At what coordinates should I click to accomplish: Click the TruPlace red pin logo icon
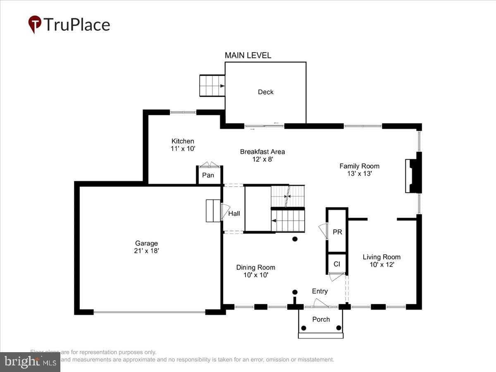click(x=35, y=24)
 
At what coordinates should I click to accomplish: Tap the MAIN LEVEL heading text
click(x=248, y=55)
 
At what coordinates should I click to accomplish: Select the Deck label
click(x=265, y=92)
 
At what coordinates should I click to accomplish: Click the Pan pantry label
click(x=208, y=175)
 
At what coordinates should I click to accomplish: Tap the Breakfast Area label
click(x=262, y=152)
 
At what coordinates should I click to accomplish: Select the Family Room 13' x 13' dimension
click(x=359, y=174)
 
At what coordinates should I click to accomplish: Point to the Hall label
click(x=234, y=213)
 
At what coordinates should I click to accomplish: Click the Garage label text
click(x=146, y=243)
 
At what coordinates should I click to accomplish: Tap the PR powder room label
click(x=337, y=232)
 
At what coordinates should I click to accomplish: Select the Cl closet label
click(x=336, y=264)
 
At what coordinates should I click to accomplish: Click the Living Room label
click(x=382, y=257)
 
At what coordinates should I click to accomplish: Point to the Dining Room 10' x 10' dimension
click(x=256, y=275)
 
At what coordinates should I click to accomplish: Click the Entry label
click(x=320, y=291)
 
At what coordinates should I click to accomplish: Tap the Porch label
click(x=321, y=319)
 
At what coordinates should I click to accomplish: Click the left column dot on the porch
click(x=304, y=328)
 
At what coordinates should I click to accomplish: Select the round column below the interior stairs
click(x=295, y=239)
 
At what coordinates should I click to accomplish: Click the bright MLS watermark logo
click(x=30, y=362)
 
